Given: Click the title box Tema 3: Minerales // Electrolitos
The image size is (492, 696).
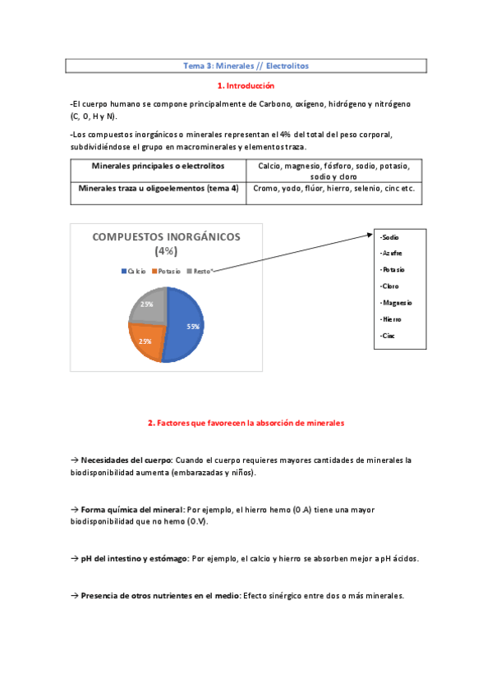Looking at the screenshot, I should pyautogui.click(x=246, y=65).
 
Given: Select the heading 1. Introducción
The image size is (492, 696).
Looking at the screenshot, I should pyautogui.click(x=246, y=85).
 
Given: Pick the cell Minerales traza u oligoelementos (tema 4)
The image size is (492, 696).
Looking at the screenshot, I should pyautogui.click(x=158, y=189).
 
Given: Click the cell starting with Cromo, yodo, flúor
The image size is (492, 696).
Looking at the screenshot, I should pyautogui.click(x=333, y=189).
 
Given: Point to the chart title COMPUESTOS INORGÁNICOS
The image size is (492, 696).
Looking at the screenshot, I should pyautogui.click(x=167, y=237).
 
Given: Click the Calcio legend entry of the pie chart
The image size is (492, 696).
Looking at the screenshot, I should pyautogui.click(x=134, y=271).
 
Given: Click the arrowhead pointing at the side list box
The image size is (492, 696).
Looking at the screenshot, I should pyautogui.click(x=370, y=235).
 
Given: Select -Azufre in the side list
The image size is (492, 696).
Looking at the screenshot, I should pyautogui.click(x=392, y=253).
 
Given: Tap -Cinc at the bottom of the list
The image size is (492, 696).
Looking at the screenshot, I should pyautogui.click(x=389, y=336).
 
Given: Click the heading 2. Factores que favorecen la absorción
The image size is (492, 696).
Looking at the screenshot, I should pyautogui.click(x=246, y=424).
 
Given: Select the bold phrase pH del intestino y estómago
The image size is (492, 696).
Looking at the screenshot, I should pyautogui.click(x=135, y=559).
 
